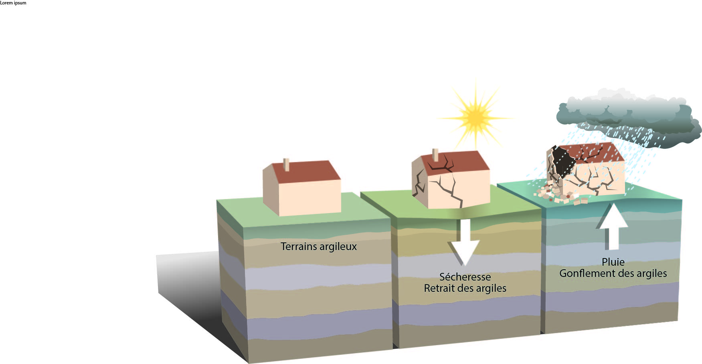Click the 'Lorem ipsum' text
pos(13,3)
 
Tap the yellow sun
pos(475,117)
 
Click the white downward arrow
pos(464,242)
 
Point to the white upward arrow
pos(612,227)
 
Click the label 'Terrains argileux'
pos(318,246)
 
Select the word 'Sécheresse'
pos(465,277)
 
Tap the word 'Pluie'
pos(613,262)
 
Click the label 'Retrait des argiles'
pos(465,288)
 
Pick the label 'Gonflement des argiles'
pos(613,273)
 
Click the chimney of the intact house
pos(286,165)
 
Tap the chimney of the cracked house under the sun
pos(435,155)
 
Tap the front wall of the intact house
pos(310,197)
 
